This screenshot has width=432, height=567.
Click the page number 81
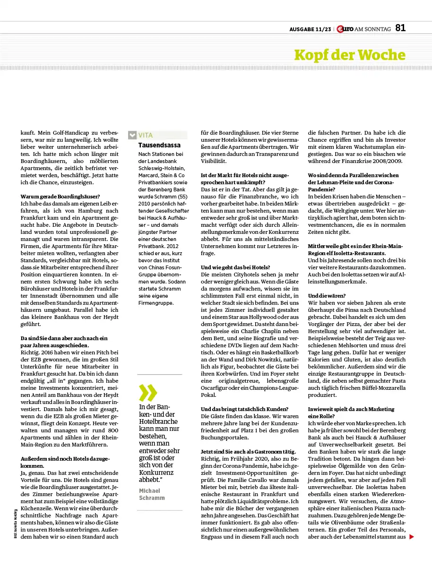coord(400,28)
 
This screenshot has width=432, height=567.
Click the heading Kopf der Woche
coord(349,55)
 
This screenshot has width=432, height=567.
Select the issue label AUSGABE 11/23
coord(310,29)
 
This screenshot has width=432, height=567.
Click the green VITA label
coord(146,135)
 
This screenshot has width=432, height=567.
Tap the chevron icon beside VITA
coord(132,135)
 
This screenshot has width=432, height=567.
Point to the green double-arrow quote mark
coord(147,393)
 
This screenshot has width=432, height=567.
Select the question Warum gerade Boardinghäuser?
coord(60,196)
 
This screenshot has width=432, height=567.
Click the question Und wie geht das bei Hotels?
coord(235,267)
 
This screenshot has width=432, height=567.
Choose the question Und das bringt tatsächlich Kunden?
coord(244,409)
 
